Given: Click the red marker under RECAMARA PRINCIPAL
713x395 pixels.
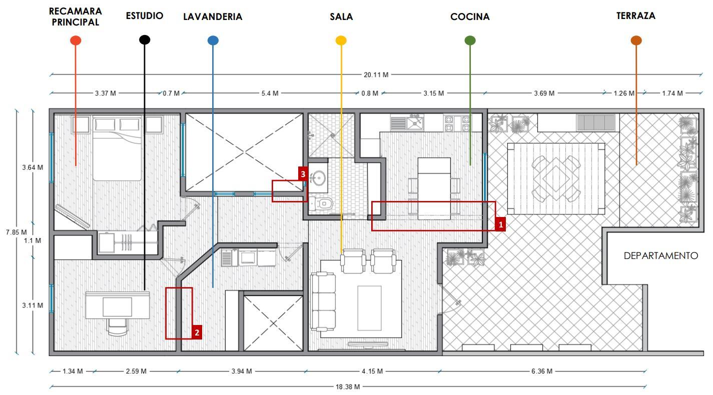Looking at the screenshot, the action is [76, 40].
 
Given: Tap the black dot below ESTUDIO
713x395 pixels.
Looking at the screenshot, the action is [145, 39].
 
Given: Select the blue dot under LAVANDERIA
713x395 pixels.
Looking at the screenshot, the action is [213, 40].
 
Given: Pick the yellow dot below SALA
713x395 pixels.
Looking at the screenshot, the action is [341, 40].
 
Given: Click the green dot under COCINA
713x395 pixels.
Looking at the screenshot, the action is [470, 40].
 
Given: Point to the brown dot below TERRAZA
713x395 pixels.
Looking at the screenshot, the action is [636, 40].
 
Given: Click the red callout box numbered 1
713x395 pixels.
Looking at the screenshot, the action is [500, 224].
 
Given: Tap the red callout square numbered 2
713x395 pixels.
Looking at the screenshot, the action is [197, 332].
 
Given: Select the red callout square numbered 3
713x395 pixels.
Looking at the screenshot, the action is [303, 174].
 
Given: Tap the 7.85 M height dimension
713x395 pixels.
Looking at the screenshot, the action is [17, 232].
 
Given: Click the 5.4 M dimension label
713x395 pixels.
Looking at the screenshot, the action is [270, 93].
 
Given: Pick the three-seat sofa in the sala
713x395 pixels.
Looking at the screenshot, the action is [323, 301].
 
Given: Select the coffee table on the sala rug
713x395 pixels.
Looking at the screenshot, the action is [369, 307].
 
